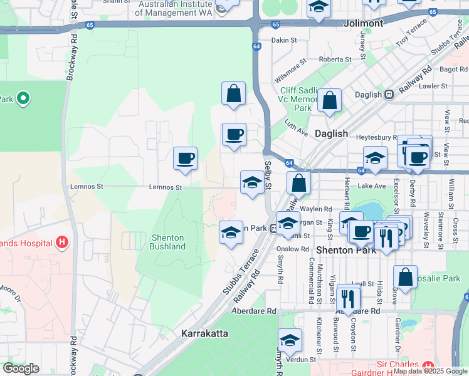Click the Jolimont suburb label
click(364, 23)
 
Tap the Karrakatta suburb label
click(204, 333)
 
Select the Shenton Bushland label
click(167, 242)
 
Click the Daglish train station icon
click(389, 95)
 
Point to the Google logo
click(21, 368)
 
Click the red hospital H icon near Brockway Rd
click(61, 241)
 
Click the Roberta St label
click(330, 60)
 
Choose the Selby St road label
click(268, 177)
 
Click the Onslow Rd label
click(289, 248)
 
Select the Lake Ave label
click(372, 185)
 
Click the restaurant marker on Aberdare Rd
click(348, 297)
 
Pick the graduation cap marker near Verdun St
click(290, 340)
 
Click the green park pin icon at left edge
click(23, 98)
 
